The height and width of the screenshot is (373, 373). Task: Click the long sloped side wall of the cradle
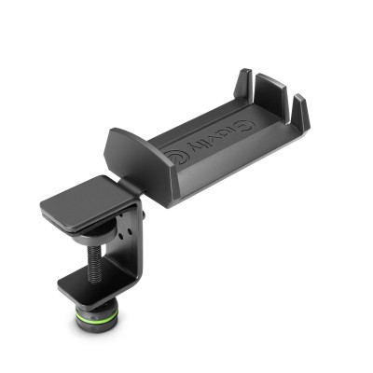233,168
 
